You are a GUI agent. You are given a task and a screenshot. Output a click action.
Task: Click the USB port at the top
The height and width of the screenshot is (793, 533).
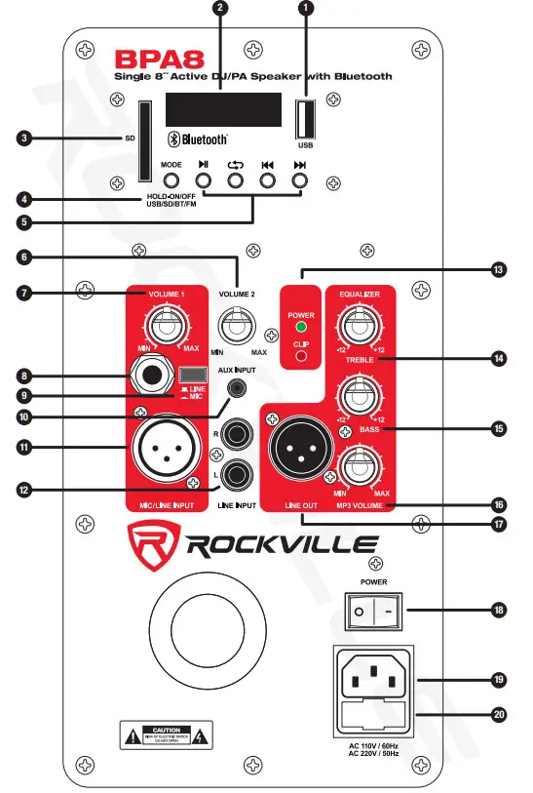click(x=305, y=118)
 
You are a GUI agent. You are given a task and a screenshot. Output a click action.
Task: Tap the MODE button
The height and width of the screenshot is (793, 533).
click(x=171, y=180)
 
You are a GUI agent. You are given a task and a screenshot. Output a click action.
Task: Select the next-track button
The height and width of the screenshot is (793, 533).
click(x=299, y=180)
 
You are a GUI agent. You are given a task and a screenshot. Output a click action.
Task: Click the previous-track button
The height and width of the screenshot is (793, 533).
click(x=267, y=180)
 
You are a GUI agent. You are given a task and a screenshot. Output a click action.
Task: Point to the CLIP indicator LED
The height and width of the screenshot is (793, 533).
click(x=301, y=356)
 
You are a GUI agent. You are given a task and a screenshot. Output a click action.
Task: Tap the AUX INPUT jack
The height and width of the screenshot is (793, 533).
click(x=235, y=388)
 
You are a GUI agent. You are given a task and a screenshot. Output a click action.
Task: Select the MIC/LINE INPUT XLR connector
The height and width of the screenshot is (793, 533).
click(x=162, y=451)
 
